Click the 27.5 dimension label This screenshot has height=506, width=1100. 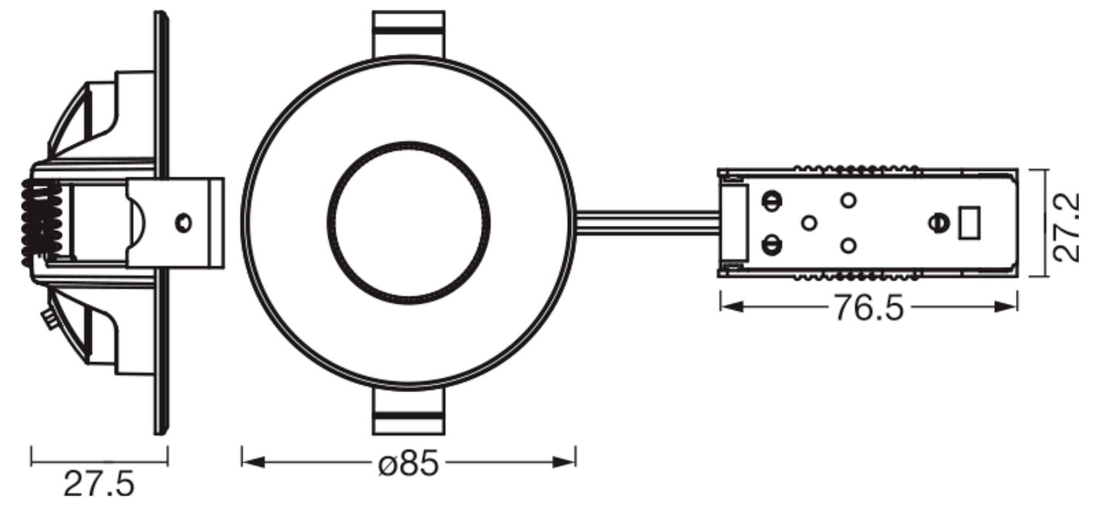point(99,485)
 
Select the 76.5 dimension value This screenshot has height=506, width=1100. point(868,309)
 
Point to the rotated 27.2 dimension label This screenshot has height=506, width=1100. point(1066,228)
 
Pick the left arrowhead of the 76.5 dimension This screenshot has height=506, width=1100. point(731,307)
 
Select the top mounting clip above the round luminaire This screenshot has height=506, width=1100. point(409,33)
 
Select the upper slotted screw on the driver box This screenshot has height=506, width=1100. point(771,202)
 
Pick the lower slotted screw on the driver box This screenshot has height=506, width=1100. point(771,246)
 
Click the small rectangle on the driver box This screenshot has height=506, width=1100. point(970,223)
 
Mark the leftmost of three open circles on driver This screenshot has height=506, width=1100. point(809,223)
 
